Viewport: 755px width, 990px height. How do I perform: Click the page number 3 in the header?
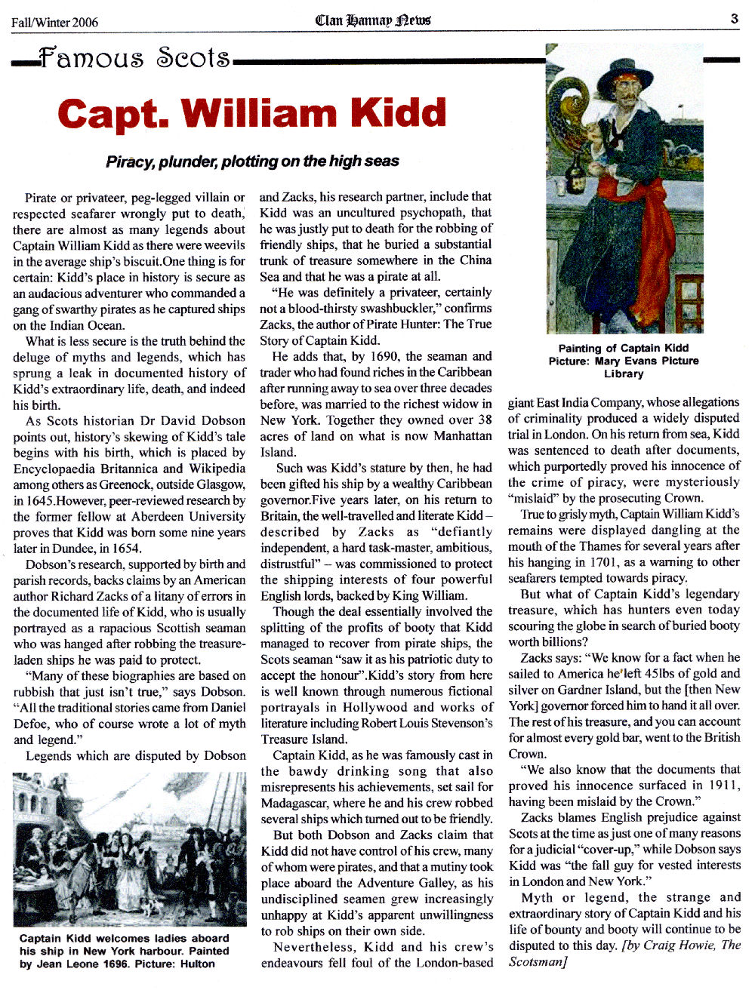735,19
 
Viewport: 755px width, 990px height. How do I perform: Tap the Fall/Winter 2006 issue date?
54,22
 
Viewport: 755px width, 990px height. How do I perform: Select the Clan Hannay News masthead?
373,20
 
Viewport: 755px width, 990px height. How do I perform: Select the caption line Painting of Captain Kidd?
624,348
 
